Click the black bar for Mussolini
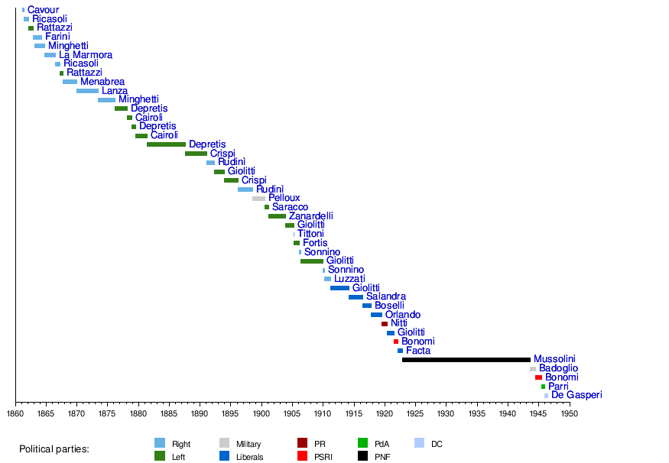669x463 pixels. tap(466, 360)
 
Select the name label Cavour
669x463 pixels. tap(43, 10)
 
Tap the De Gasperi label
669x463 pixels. tap(576, 395)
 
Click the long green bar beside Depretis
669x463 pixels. tap(166, 144)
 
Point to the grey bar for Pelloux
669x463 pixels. tap(258, 199)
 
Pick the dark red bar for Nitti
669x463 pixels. tap(385, 324)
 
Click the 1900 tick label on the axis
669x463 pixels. tap(261, 414)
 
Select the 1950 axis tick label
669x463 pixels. tap(569, 414)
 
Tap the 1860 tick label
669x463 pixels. tap(15, 414)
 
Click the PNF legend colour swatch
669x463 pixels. tap(363, 457)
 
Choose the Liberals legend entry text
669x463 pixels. tap(250, 458)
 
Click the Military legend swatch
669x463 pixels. tap(225, 443)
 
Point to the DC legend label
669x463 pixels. tap(437, 444)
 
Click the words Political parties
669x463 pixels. tap(54, 449)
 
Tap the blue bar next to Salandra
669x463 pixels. tap(356, 297)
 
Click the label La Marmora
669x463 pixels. tap(86, 55)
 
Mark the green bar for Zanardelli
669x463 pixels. tap(277, 216)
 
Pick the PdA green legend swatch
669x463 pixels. tap(363, 443)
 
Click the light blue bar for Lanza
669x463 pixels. tap(87, 91)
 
